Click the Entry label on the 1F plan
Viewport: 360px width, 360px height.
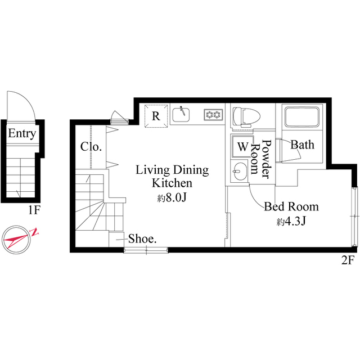coord(22,134)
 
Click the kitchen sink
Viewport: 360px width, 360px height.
coord(181,115)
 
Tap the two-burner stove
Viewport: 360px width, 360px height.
coord(213,115)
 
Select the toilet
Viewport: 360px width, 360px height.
coord(246,116)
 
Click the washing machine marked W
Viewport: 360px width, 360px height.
coord(242,146)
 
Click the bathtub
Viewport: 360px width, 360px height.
coord(301,117)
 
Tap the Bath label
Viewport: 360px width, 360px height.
coord(302,145)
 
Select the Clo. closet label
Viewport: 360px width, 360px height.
coord(91,147)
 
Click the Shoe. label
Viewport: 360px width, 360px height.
coord(142,238)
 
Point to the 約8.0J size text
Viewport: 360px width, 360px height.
coord(172,198)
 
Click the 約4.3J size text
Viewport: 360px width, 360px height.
coord(291,221)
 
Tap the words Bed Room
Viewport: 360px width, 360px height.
coord(291,206)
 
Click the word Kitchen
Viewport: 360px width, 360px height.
coord(172,183)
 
